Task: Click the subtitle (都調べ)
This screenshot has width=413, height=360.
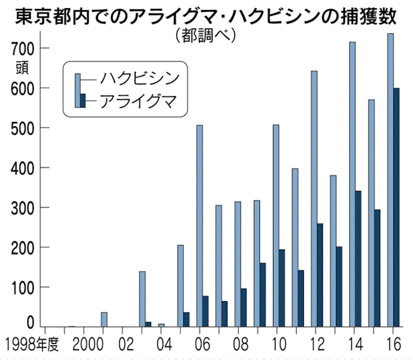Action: [x=206, y=36]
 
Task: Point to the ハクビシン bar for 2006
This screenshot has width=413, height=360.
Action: [x=200, y=225]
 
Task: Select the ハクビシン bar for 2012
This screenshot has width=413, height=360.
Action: [x=314, y=199]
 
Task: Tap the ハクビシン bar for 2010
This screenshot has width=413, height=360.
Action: [x=277, y=225]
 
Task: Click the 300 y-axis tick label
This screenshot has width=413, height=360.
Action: [x=23, y=208]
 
